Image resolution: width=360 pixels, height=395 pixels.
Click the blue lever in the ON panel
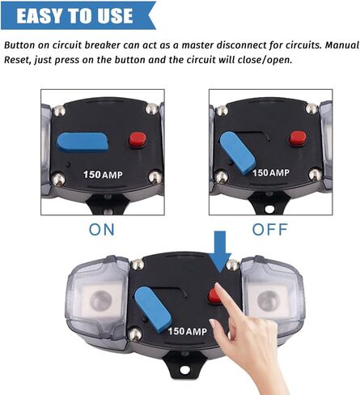click(83, 142)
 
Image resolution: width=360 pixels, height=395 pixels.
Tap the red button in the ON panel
click(138, 139)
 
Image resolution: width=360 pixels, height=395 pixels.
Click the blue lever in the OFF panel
click(237, 153)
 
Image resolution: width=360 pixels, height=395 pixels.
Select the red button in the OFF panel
click(298, 138)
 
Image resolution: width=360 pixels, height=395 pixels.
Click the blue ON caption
click(102, 230)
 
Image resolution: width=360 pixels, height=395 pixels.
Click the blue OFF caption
click(269, 230)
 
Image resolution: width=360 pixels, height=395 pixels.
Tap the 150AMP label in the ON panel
click(103, 175)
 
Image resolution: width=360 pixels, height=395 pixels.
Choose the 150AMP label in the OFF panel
click(271, 172)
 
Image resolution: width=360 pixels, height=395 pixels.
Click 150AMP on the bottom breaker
click(188, 331)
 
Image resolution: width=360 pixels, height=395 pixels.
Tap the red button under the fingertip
click(215, 295)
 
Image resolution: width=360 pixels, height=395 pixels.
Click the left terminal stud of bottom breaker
click(100, 299)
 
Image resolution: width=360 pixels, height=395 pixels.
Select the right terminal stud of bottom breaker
click(269, 300)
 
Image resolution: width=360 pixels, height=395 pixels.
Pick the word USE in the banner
click(115, 15)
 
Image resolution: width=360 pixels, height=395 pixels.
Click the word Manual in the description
click(342, 45)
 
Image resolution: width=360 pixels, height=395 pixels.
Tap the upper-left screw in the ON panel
click(59, 110)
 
